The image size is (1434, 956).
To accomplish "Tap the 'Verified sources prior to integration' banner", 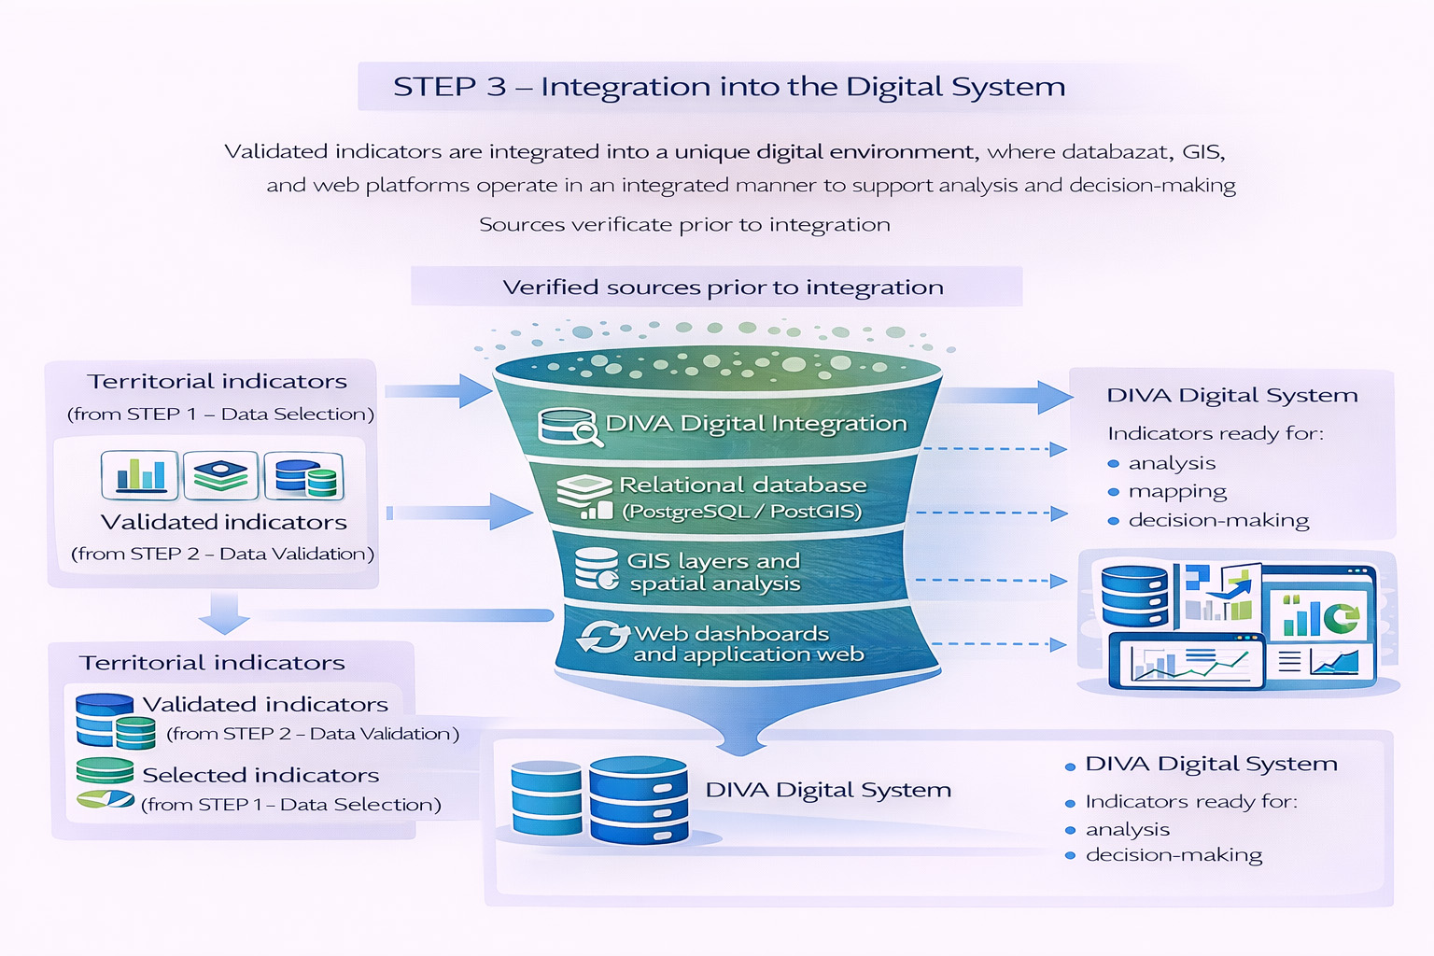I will click(x=723, y=288).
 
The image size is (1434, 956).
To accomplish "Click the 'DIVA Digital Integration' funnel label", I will click(x=755, y=424).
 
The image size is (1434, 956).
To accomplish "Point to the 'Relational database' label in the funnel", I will click(x=742, y=485).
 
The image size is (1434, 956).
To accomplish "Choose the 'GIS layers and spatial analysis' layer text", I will click(x=714, y=572).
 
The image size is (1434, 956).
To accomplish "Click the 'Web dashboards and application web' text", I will click(x=748, y=644).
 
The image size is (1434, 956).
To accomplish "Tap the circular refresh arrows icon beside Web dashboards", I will click(x=603, y=639).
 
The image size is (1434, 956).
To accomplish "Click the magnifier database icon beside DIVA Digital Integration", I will click(x=568, y=426).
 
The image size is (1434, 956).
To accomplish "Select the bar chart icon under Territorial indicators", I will click(x=140, y=474).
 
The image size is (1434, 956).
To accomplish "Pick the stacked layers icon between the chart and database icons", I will click(x=220, y=475).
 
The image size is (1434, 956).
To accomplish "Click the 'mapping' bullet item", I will click(x=1177, y=491).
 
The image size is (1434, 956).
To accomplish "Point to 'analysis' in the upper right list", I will click(x=1172, y=463).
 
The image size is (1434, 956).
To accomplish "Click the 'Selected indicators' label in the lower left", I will click(x=260, y=775).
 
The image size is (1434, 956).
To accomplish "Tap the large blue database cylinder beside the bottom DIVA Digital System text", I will click(x=639, y=800).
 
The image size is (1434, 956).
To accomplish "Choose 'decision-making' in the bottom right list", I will click(x=1174, y=855).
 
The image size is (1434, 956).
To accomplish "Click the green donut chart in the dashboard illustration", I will click(x=1344, y=617).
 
